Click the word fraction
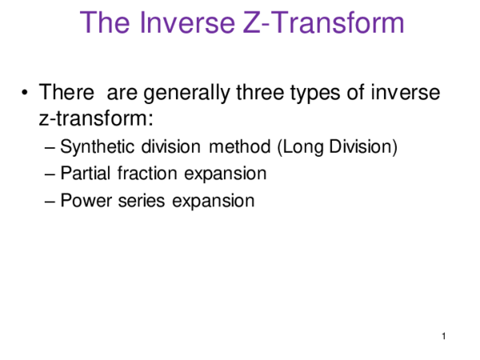click(148, 174)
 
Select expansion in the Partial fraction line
click(226, 174)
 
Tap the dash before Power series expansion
click(52, 200)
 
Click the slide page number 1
click(442, 337)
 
